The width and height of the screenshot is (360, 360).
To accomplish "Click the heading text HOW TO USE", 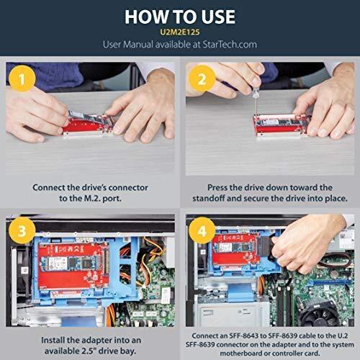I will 179,15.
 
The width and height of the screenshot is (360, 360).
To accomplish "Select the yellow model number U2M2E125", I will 179,32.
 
